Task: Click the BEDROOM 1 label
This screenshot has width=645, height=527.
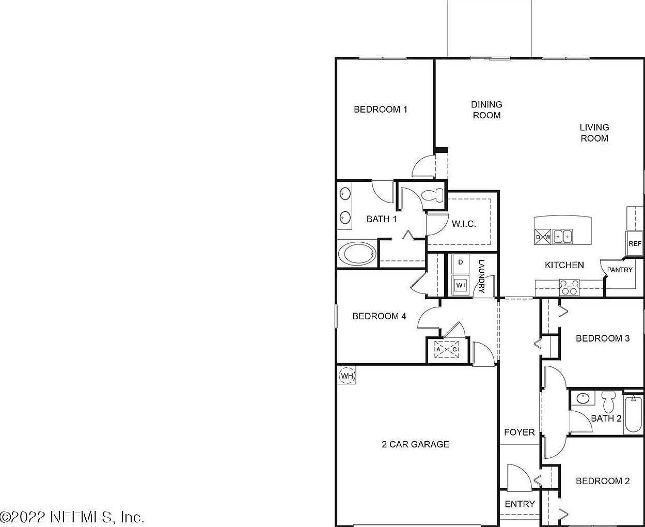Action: tap(381, 109)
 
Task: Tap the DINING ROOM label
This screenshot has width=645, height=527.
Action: tap(486, 110)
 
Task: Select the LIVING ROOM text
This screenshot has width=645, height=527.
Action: tap(594, 133)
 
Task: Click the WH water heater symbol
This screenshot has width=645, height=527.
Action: tap(347, 376)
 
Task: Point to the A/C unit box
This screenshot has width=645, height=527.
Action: tap(447, 350)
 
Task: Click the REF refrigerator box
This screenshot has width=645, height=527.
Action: tap(635, 244)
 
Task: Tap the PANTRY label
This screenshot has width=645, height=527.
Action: tap(620, 270)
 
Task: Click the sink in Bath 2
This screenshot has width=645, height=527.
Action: tap(584, 398)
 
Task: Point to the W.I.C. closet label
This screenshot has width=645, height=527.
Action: tap(464, 224)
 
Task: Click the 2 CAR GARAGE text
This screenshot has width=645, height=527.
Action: tap(415, 444)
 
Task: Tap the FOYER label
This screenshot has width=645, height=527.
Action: tap(519, 432)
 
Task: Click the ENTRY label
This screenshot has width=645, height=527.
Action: tap(520, 504)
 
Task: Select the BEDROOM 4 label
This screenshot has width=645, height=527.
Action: tap(379, 316)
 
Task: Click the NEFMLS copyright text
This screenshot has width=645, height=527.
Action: tap(72, 516)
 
